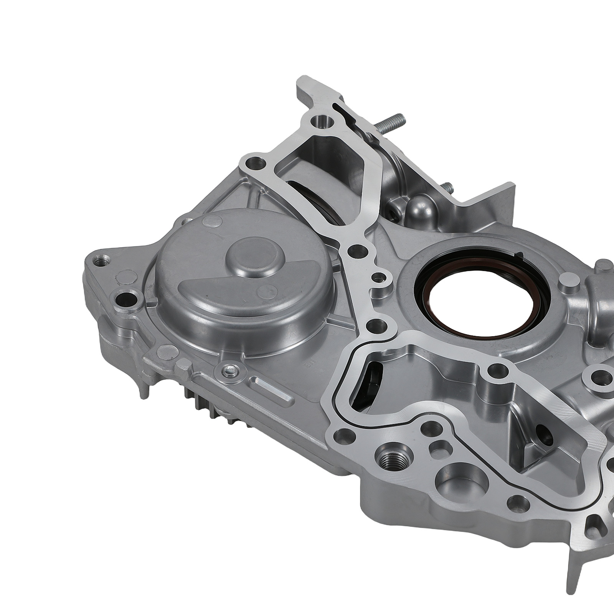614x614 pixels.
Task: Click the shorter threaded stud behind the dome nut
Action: (x=448, y=188)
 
